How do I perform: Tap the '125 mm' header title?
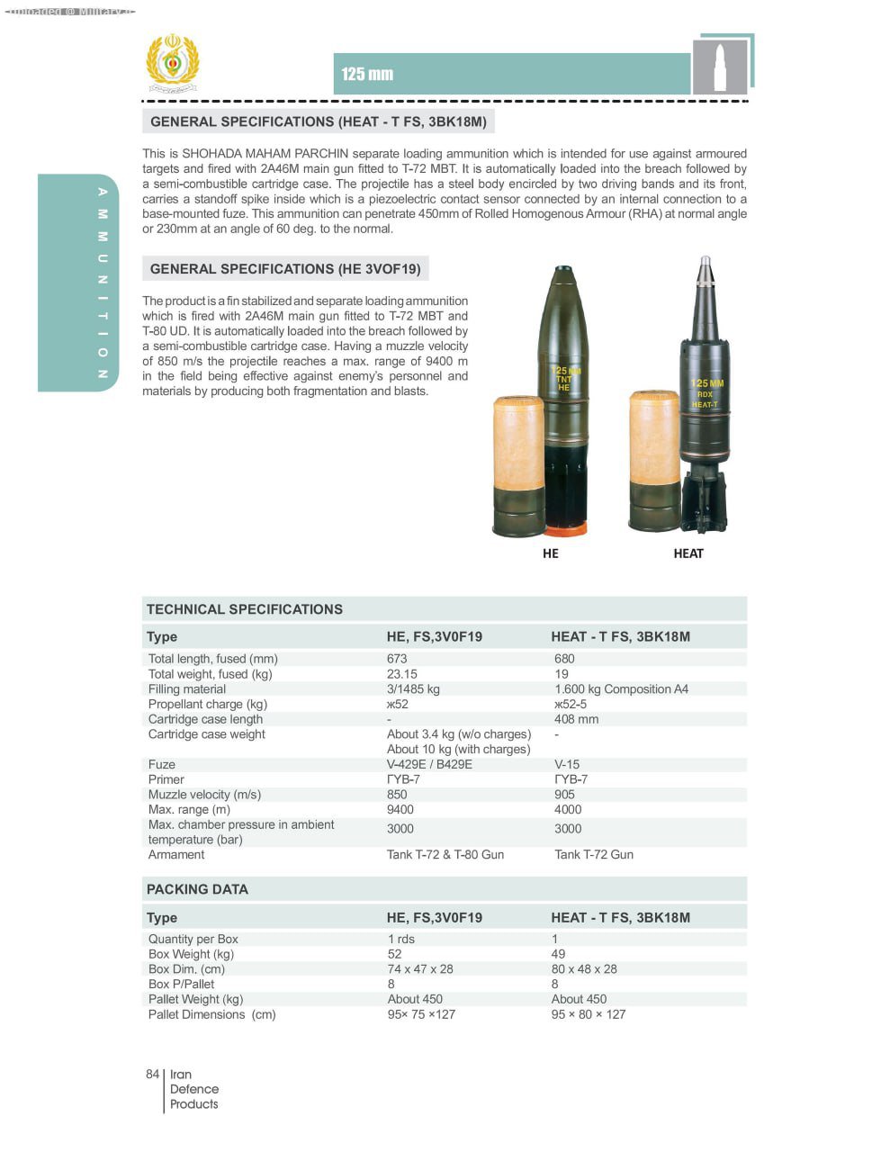point(367,75)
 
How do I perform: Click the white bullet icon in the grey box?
point(719,67)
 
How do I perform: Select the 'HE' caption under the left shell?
point(551,553)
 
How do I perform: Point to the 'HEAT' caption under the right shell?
point(688,553)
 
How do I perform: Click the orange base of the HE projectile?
point(567,529)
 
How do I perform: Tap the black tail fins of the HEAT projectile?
point(704,504)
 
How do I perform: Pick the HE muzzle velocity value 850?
point(397,795)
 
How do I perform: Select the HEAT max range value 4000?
point(568,810)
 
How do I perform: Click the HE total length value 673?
point(397,659)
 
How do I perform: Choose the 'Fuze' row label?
point(162,764)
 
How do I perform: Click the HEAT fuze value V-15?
point(567,764)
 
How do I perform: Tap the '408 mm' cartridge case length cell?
point(576,719)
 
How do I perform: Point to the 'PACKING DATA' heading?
point(197,889)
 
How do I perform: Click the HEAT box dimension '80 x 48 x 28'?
point(584,969)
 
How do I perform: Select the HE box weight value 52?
point(395,954)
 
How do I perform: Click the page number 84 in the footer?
point(152,1075)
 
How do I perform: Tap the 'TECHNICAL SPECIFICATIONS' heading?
point(245,609)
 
